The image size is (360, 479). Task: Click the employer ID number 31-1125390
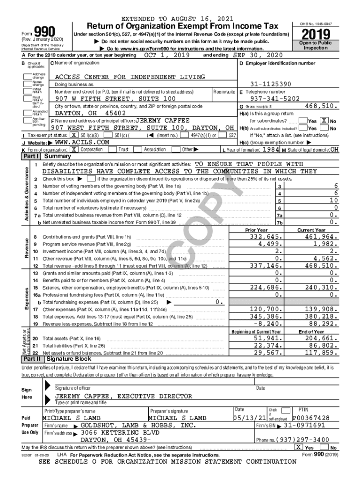(x=271, y=84)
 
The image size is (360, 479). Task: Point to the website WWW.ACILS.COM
(x=82, y=142)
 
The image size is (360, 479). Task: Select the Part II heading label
(x=31, y=359)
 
